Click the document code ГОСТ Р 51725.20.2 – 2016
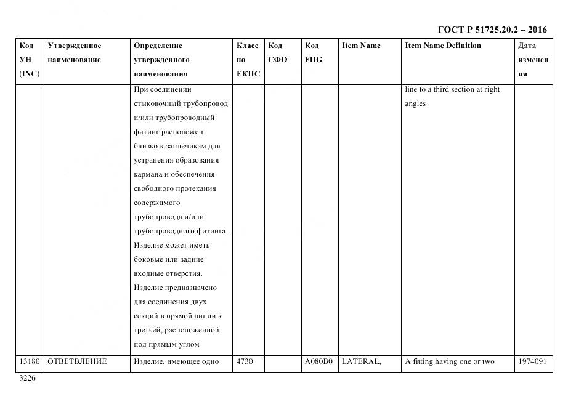click(x=492, y=30)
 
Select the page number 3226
click(x=28, y=378)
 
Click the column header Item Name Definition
click(x=443, y=46)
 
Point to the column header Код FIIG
click(x=313, y=53)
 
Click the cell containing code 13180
click(x=30, y=361)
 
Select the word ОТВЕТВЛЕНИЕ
click(x=77, y=361)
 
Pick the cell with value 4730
click(x=244, y=361)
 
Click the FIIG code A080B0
click(x=318, y=361)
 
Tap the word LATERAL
click(x=361, y=361)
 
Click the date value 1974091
click(x=533, y=361)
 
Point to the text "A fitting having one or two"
click(x=450, y=361)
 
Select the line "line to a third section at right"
click(x=452, y=89)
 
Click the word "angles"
click(x=415, y=104)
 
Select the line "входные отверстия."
click(x=168, y=273)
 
